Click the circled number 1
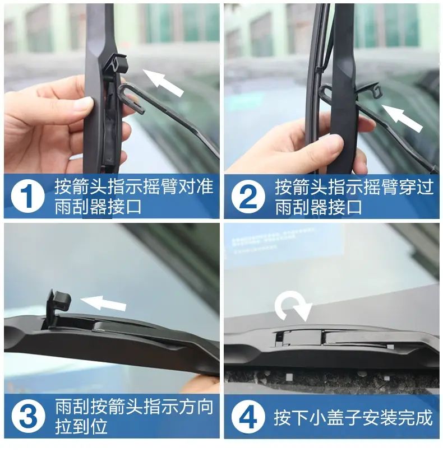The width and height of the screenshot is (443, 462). tap(27, 196)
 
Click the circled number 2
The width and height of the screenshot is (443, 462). tap(248, 196)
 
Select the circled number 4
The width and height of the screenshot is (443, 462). tap(248, 417)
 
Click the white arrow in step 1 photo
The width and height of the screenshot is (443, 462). tap(163, 82)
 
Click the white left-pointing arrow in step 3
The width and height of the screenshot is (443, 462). tap(103, 303)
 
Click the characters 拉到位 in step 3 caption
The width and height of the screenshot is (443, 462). tap(81, 426)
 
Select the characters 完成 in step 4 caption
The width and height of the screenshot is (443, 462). tap(416, 417)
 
